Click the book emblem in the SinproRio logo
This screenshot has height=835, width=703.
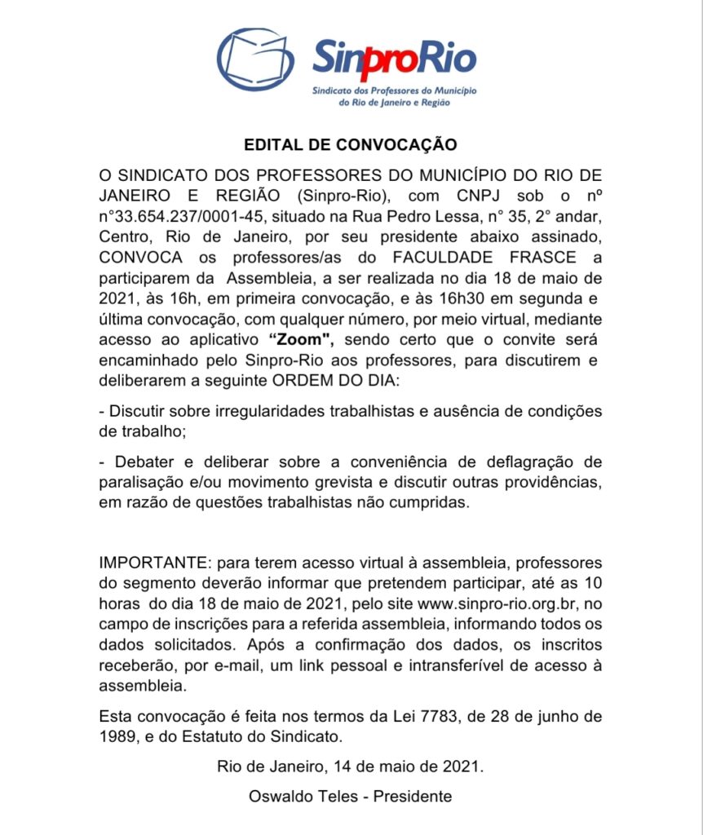(x=255, y=60)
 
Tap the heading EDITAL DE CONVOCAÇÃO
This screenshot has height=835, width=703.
(x=351, y=145)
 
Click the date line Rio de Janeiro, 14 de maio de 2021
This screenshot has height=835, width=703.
(x=350, y=767)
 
